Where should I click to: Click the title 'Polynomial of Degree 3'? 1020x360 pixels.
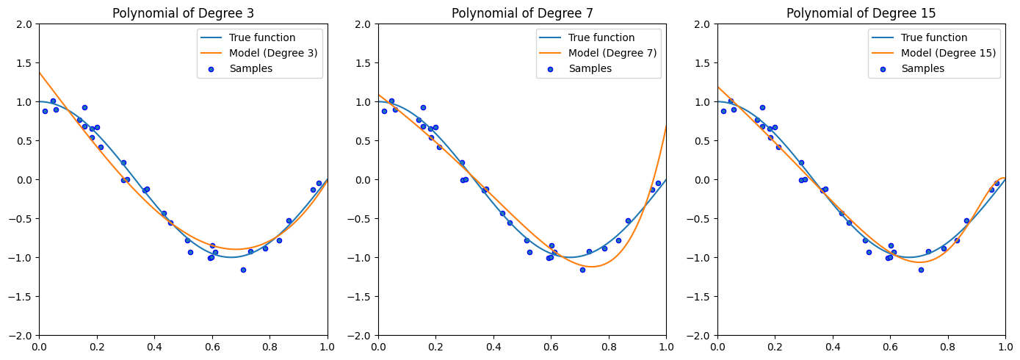tap(183, 13)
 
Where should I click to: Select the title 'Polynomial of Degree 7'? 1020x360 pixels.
tap(522, 13)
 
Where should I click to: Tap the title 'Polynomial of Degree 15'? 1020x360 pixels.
tap(861, 13)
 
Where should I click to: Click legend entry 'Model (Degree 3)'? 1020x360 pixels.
tap(273, 53)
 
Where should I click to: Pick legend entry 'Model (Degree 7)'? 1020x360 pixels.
tap(612, 53)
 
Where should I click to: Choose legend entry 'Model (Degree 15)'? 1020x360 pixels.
tap(949, 53)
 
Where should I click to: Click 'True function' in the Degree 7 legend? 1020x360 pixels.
tap(601, 37)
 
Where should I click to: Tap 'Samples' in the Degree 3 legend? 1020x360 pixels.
tap(250, 68)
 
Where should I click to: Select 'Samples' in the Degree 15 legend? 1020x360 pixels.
tap(922, 68)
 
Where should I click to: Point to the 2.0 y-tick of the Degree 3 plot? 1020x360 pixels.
tap(26, 24)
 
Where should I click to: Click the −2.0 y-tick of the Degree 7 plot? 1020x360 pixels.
tap(362, 336)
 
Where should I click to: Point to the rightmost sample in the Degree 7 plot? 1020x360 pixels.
tap(658, 183)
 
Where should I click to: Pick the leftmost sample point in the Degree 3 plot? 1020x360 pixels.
tap(45, 111)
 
